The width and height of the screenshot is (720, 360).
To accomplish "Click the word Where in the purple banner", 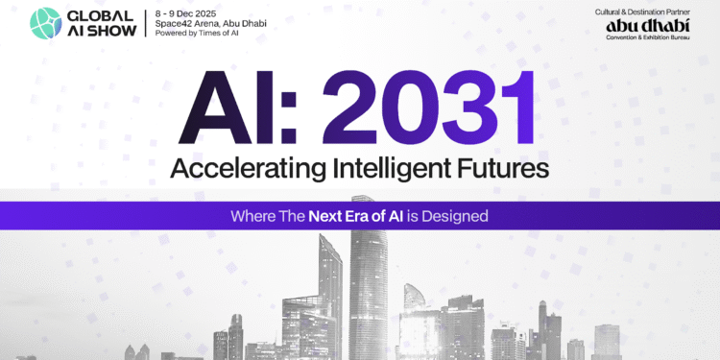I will tap(252, 216).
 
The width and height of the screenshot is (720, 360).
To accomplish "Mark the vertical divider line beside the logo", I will tap(145, 22).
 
